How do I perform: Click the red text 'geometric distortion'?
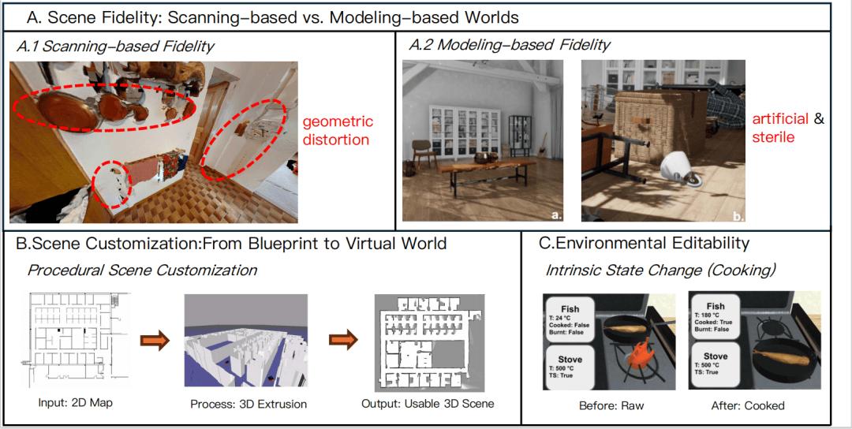coord(338,131)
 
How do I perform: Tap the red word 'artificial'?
coord(779,118)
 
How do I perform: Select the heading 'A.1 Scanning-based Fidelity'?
coord(115,47)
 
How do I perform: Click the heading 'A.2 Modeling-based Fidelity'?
coord(509,45)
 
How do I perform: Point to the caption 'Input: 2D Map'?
coord(77,404)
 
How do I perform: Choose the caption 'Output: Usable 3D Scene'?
coord(433,404)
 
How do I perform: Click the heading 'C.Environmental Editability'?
coord(644,244)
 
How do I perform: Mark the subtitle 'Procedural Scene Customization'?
coord(142,270)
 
